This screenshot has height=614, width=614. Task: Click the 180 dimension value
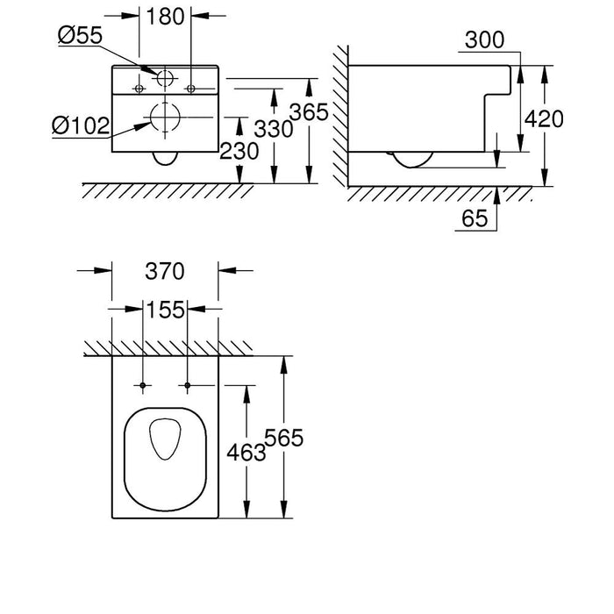coord(166,17)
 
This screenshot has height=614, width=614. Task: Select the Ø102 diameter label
coord(80,126)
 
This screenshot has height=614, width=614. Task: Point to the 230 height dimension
coord(239,152)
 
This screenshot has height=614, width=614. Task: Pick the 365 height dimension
coord(310,112)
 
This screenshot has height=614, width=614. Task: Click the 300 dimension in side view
coord(485,40)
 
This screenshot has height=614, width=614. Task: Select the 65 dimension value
coord(474,219)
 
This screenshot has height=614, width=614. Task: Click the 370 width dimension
coord(165,272)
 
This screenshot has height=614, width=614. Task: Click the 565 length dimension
coord(286,439)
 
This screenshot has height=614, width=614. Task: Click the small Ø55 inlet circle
coord(164,77)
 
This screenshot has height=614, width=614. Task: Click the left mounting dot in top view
coord(142,386)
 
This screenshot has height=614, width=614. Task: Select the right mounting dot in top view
coord(189,386)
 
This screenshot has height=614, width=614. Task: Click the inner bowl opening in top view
coord(165,441)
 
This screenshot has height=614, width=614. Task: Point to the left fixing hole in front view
coord(139,88)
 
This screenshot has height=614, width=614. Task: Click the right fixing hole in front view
coord(191,88)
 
